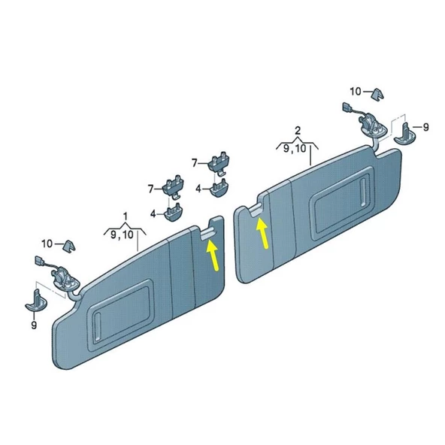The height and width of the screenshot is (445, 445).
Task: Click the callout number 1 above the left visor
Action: [x=125, y=216]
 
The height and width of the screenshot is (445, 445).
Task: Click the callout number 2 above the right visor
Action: [x=298, y=131]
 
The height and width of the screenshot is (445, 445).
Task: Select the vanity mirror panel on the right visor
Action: [x=343, y=204]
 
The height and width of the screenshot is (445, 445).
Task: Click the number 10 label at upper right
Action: [x=356, y=92]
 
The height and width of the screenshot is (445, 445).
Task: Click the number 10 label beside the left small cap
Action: [x=47, y=244]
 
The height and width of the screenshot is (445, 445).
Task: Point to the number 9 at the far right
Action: [x=425, y=127]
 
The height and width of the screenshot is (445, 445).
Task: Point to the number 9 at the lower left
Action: [x=34, y=325]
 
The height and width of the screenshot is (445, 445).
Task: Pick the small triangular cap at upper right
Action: [x=378, y=94]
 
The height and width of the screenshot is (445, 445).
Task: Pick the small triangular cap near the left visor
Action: [x=69, y=247]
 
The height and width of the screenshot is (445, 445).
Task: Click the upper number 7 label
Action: [x=195, y=163]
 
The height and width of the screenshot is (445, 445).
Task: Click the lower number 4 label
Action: [x=153, y=213]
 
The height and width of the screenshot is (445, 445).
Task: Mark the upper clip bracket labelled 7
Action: [x=219, y=162]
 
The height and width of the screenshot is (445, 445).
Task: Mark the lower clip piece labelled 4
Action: [x=174, y=212]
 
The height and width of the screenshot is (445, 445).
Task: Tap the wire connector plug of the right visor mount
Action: [x=347, y=107]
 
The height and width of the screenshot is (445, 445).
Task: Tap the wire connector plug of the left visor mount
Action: [x=38, y=261]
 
